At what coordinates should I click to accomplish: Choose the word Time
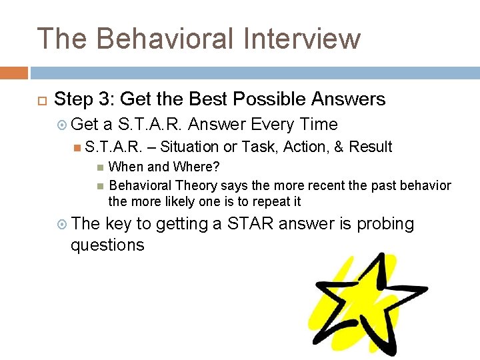click(x=319, y=125)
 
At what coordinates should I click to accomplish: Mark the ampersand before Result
click(x=339, y=147)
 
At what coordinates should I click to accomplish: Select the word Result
click(x=371, y=147)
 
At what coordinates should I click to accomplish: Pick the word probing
click(x=385, y=225)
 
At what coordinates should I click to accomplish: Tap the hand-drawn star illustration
click(x=363, y=303)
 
